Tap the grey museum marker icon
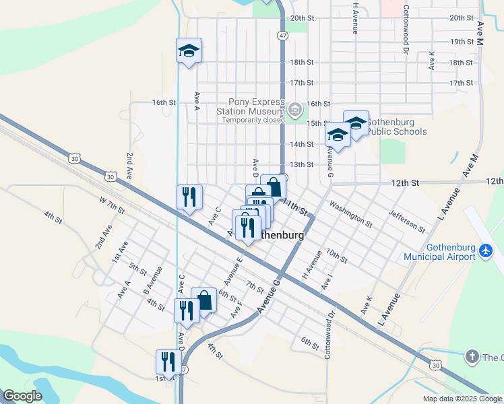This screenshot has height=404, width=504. [x=294, y=109]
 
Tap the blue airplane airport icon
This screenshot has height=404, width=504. [x=486, y=250]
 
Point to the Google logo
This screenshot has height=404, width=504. [x=22, y=396]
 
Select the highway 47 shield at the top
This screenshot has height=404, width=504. [x=282, y=35]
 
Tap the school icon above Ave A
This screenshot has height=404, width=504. [x=189, y=50]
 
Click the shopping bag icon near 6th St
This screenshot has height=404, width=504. [x=204, y=300]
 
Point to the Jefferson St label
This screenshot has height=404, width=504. [x=406, y=221]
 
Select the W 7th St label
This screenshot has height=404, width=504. [x=113, y=205]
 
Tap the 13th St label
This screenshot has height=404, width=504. [x=301, y=164]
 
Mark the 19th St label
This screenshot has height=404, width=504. [x=462, y=41]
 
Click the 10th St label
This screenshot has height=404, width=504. [x=336, y=255]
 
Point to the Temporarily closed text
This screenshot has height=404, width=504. [x=254, y=120]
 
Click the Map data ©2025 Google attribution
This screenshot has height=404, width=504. [x=462, y=398]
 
